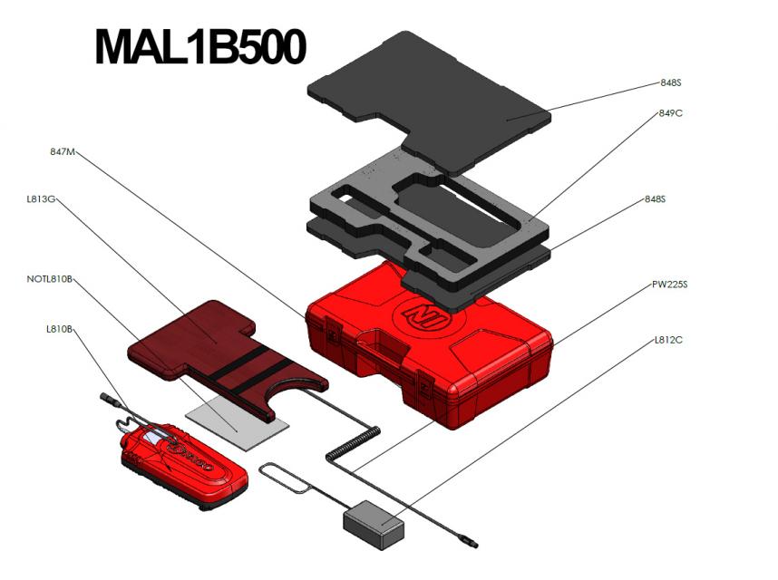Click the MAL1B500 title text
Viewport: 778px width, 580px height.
pyautogui.click(x=199, y=47)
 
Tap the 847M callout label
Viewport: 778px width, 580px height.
pyautogui.click(x=62, y=152)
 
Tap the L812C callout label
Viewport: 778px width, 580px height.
pyautogui.click(x=668, y=340)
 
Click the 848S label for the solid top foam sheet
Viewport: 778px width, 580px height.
pyautogui.click(x=670, y=82)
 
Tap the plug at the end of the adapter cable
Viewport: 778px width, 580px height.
pyautogui.click(x=469, y=545)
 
